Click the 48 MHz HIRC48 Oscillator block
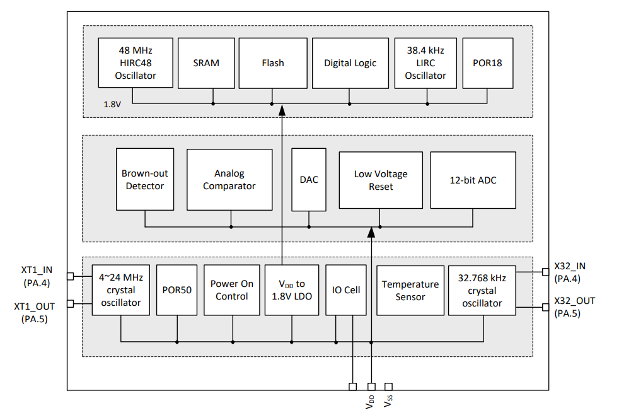[x=135, y=62]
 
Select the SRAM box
[x=206, y=62]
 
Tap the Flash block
[x=272, y=62]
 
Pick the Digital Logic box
[x=350, y=62]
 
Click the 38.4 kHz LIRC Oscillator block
[x=425, y=62]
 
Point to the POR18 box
[x=487, y=62]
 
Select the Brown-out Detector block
[x=145, y=180]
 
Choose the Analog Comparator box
[x=229, y=180]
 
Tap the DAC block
[x=309, y=180]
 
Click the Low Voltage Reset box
[x=381, y=180]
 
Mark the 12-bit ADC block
[x=473, y=180]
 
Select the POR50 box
[x=176, y=290]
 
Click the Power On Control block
[x=232, y=290]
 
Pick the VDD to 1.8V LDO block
[x=291, y=290]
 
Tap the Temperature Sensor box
[x=410, y=290]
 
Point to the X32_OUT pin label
[x=574, y=301]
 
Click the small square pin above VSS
[x=389, y=386]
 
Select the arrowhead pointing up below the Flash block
[x=282, y=110]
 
